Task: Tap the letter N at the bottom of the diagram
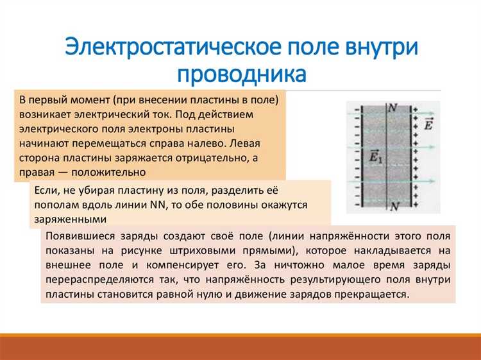click(395, 206)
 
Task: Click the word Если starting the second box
click(47, 190)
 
